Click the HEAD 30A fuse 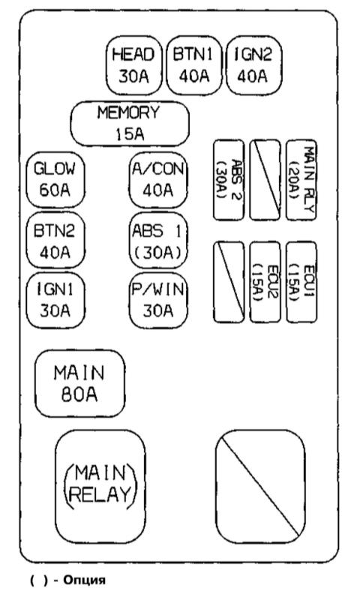tap(134, 65)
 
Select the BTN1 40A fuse tap(194, 65)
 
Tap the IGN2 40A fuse tap(254, 65)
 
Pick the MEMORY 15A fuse tap(130, 124)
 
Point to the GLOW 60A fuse tap(55, 180)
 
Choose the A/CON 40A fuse tap(158, 180)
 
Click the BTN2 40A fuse tap(55, 241)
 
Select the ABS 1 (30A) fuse tap(158, 241)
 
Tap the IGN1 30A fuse tap(55, 301)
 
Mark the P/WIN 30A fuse tap(158, 301)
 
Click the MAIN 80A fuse tap(80, 383)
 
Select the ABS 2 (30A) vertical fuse tap(229, 180)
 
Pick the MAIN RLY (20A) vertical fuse tap(301, 180)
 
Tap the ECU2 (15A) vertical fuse tap(265, 282)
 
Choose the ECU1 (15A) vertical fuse tap(301, 282)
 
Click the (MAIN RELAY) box tap(100, 486)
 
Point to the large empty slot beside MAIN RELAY tap(260, 486)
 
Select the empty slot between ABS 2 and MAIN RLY tap(265, 180)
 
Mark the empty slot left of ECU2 tap(229, 282)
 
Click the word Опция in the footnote tap(84, 580)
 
